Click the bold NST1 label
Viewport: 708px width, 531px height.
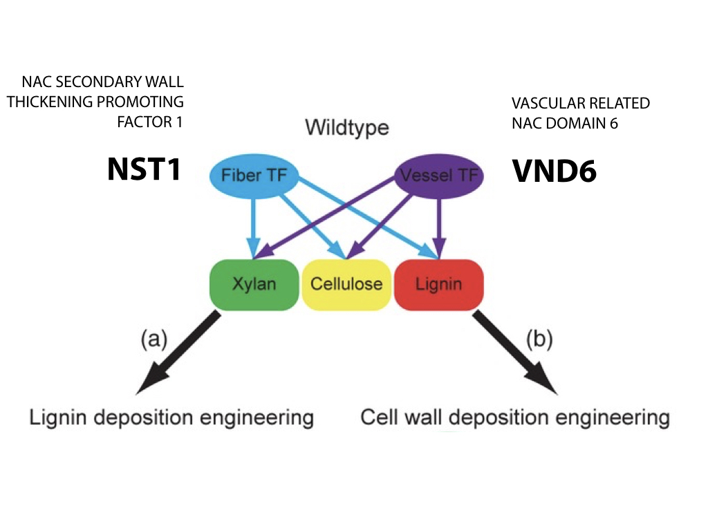(x=144, y=169)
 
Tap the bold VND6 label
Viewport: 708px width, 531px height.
(x=554, y=171)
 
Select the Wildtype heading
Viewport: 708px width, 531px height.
(x=347, y=128)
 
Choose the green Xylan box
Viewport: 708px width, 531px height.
(x=254, y=284)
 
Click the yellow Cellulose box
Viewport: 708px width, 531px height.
(x=346, y=284)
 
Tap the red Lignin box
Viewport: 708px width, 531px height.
(x=438, y=284)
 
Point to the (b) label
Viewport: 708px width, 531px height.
(x=539, y=338)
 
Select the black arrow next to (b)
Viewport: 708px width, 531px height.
(x=515, y=353)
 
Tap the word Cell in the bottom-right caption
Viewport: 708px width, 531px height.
(x=377, y=417)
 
